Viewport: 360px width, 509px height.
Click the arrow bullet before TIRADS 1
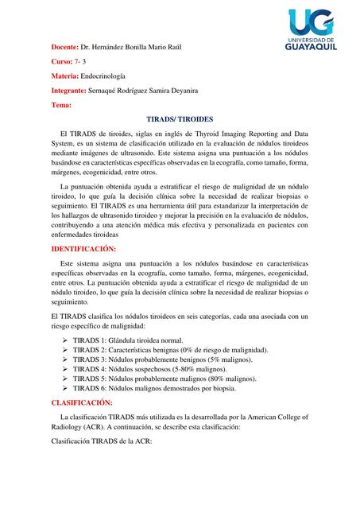tap(65, 340)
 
